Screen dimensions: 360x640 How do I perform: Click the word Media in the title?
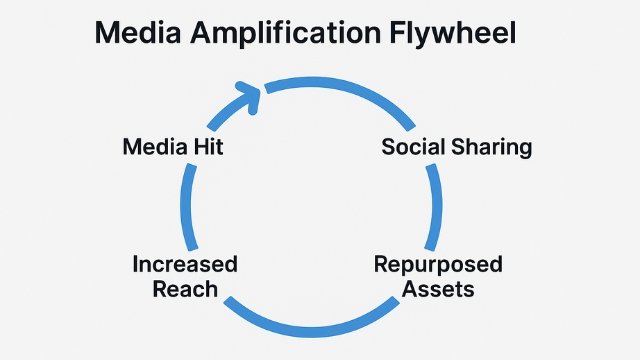tap(139, 34)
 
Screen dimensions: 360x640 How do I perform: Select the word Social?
tap(416, 146)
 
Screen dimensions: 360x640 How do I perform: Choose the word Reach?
tap(185, 289)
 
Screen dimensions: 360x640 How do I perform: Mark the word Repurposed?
tap(438, 266)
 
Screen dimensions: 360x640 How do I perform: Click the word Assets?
tap(438, 289)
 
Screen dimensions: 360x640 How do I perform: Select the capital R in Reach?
tap(161, 289)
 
